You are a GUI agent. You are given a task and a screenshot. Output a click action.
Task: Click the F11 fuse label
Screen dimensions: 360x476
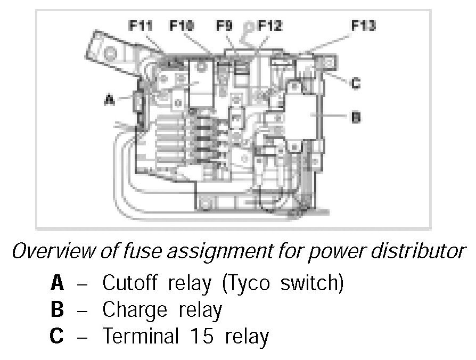coord(141,25)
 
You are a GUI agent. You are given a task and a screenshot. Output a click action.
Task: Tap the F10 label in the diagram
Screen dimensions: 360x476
coord(182,25)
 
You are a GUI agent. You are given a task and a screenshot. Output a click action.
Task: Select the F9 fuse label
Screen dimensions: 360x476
coord(225,25)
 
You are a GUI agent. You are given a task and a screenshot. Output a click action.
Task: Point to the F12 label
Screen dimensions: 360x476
coord(270,25)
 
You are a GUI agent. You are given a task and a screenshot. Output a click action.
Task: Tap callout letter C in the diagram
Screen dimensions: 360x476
coord(356,83)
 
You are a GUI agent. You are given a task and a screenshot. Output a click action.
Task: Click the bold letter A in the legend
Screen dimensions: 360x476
coord(57,283)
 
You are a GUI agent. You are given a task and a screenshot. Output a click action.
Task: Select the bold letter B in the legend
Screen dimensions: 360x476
coord(57,310)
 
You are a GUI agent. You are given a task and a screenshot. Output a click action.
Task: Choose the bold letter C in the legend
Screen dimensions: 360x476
coord(57,337)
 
